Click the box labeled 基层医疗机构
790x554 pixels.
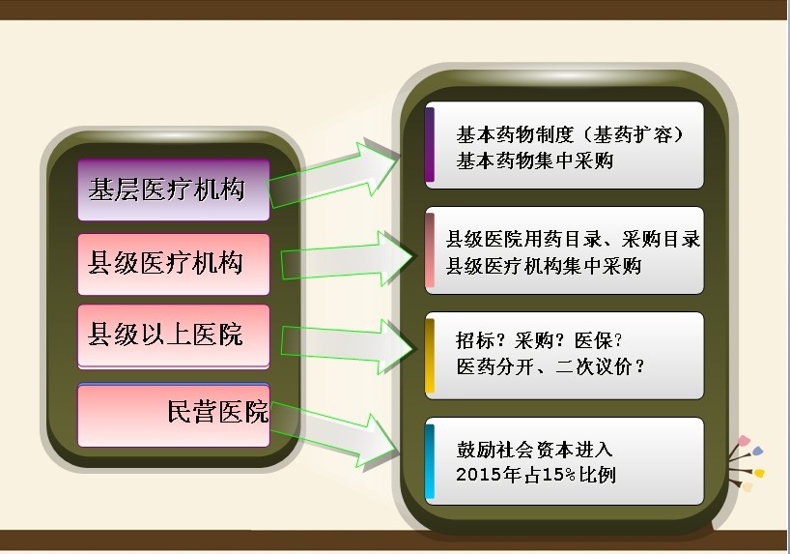[174, 190]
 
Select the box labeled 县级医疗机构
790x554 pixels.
[174, 264]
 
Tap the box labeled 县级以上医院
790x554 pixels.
[174, 336]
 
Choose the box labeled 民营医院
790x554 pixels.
[174, 415]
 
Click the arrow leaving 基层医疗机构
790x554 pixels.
[333, 174]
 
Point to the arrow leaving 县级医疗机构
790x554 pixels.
[348, 259]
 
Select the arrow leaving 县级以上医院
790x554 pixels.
[348, 347]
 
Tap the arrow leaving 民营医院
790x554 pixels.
[333, 434]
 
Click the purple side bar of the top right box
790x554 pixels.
[430, 144]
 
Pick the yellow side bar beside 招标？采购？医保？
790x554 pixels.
[430, 355]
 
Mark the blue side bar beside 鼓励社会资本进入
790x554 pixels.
[430, 460]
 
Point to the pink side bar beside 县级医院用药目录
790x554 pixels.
[430, 250]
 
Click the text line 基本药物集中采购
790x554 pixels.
[535, 160]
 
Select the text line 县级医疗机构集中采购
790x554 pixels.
[544, 266]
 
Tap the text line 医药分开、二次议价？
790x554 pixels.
[550, 366]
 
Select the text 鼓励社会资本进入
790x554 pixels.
[535, 449]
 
